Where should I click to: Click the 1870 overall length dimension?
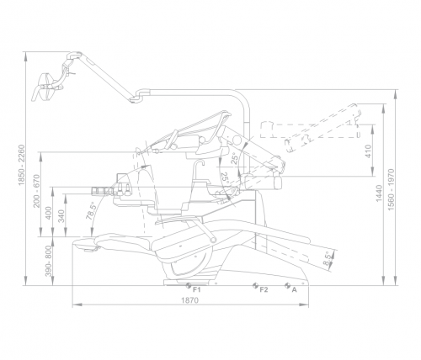(189, 300)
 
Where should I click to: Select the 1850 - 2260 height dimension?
(22, 165)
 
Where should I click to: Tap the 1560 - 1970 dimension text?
(391, 189)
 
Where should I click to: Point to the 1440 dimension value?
(379, 193)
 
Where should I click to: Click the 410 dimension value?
(369, 151)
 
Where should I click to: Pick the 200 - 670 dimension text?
(37, 191)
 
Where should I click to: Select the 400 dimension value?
(49, 213)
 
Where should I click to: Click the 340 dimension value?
(61, 216)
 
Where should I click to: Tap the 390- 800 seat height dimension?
(49, 261)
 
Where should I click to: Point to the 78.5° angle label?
(92, 210)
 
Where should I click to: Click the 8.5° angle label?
(328, 258)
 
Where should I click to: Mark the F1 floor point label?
(197, 290)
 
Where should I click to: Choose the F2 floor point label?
(264, 289)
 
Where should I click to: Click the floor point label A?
(294, 289)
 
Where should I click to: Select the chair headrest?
(87, 245)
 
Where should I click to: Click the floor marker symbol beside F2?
(255, 285)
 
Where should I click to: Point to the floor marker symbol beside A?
(287, 285)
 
